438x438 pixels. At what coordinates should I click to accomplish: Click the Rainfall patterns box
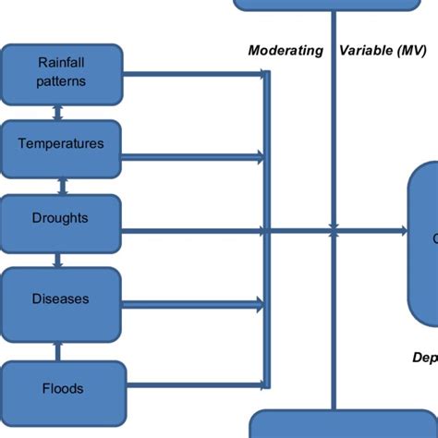tap(61, 71)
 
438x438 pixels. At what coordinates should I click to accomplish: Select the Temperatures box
tap(61, 144)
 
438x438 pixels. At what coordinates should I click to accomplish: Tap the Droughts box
tap(61, 219)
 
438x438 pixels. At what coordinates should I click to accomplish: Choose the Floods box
tap(61, 388)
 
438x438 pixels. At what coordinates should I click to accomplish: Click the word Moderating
tap(286, 51)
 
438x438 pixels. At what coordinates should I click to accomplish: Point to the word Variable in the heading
tap(367, 51)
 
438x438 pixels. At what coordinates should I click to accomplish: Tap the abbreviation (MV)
tap(412, 51)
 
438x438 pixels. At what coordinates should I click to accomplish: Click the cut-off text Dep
tap(424, 358)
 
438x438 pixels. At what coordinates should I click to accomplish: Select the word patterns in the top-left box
tap(61, 80)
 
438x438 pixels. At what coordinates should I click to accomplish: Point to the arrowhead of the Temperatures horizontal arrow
tap(262, 157)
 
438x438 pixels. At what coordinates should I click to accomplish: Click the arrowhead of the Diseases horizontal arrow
tap(262, 301)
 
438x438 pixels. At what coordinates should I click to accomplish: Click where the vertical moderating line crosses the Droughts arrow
tap(334, 231)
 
